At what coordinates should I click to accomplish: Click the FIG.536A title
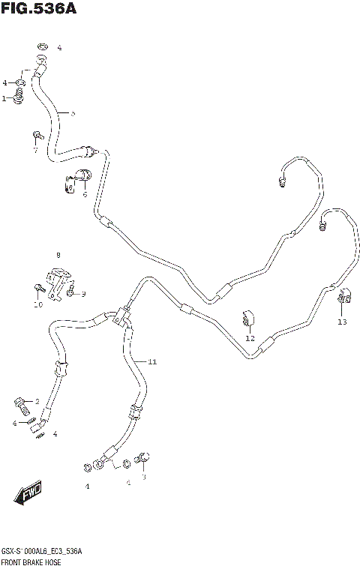tap(39, 9)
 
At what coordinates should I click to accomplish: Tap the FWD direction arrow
tap(28, 494)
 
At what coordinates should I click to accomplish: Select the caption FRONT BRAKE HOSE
tap(31, 562)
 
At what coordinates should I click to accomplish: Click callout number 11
tap(151, 362)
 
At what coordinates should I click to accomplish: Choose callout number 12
tap(250, 338)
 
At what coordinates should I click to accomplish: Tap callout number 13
tap(342, 322)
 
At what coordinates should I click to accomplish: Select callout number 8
tap(58, 256)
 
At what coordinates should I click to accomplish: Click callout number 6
tap(85, 195)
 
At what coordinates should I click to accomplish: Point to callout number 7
tap(34, 150)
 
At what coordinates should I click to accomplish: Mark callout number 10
tap(37, 304)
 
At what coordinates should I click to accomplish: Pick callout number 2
tap(37, 402)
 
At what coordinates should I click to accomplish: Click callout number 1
tap(4, 98)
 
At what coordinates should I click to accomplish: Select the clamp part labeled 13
tap(344, 299)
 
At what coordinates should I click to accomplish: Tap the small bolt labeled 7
tap(36, 136)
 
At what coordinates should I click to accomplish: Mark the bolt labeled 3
tap(144, 458)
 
